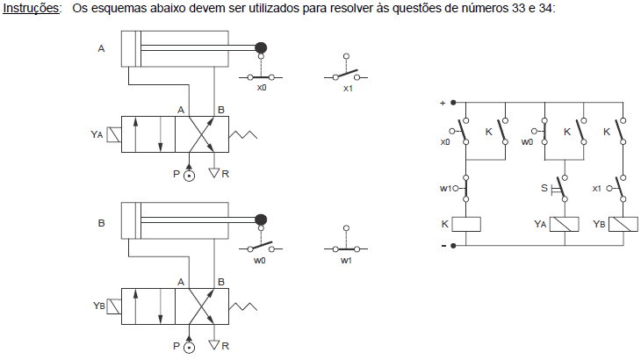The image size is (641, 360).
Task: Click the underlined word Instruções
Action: (x=31, y=8)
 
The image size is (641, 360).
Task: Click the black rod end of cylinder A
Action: (x=261, y=47)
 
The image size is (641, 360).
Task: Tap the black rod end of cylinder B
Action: (x=261, y=220)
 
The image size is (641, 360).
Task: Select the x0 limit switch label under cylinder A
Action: (x=262, y=88)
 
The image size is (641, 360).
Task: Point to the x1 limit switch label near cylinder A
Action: (x=348, y=89)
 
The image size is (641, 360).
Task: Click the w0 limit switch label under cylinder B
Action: (x=260, y=260)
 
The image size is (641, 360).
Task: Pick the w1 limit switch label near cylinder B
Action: (x=346, y=260)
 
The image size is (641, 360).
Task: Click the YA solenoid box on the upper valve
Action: (x=114, y=135)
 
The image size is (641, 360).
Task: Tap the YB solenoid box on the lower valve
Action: (x=114, y=307)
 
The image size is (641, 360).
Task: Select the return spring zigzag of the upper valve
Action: (x=243, y=135)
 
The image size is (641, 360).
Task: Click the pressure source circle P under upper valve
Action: (x=189, y=176)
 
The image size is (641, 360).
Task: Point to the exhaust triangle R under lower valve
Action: (x=214, y=345)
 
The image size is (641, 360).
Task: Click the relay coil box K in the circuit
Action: (x=466, y=224)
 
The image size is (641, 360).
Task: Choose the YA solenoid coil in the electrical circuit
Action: (x=564, y=224)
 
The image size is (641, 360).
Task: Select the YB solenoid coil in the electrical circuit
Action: (x=623, y=224)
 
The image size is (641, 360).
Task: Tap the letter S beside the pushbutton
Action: (x=544, y=188)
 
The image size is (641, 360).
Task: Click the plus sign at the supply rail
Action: (x=443, y=103)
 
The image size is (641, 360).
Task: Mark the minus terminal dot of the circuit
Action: (x=453, y=246)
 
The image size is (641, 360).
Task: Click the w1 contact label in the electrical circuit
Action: (x=445, y=189)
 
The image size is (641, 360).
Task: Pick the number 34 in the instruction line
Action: (x=545, y=8)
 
